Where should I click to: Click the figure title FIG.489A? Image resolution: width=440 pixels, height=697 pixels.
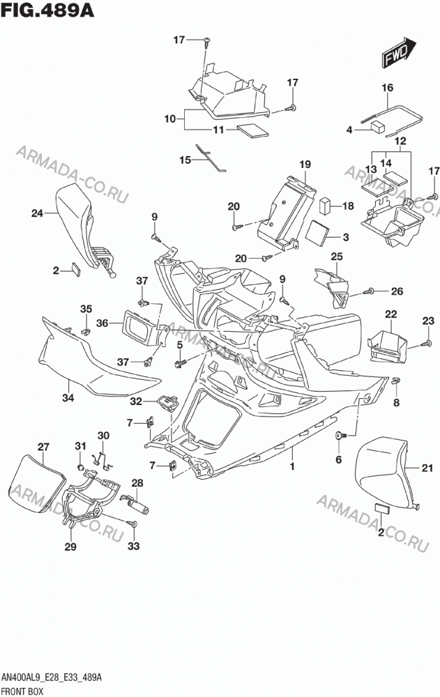coord(47,10)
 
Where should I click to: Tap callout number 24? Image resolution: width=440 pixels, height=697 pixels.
coord(37,213)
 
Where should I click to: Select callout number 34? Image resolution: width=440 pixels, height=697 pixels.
coord(68,398)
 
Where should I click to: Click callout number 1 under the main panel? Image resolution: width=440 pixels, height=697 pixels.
coord(292,466)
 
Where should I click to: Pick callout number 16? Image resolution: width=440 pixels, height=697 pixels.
coord(388,88)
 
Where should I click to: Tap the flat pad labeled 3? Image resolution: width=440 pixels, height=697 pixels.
coord(319,233)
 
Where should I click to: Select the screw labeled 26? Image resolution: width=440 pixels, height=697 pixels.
coord(368,291)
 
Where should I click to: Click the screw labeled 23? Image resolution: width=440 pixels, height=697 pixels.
coord(427,343)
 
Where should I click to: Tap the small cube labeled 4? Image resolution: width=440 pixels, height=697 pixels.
coord(378,127)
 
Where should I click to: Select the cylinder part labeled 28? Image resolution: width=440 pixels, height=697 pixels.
coord(137,505)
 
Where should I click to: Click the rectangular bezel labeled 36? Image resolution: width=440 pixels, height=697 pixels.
coord(141,328)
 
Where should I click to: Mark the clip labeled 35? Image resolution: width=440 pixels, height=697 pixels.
coord(86,331)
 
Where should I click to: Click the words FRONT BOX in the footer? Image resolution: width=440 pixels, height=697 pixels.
coord(23,691)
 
